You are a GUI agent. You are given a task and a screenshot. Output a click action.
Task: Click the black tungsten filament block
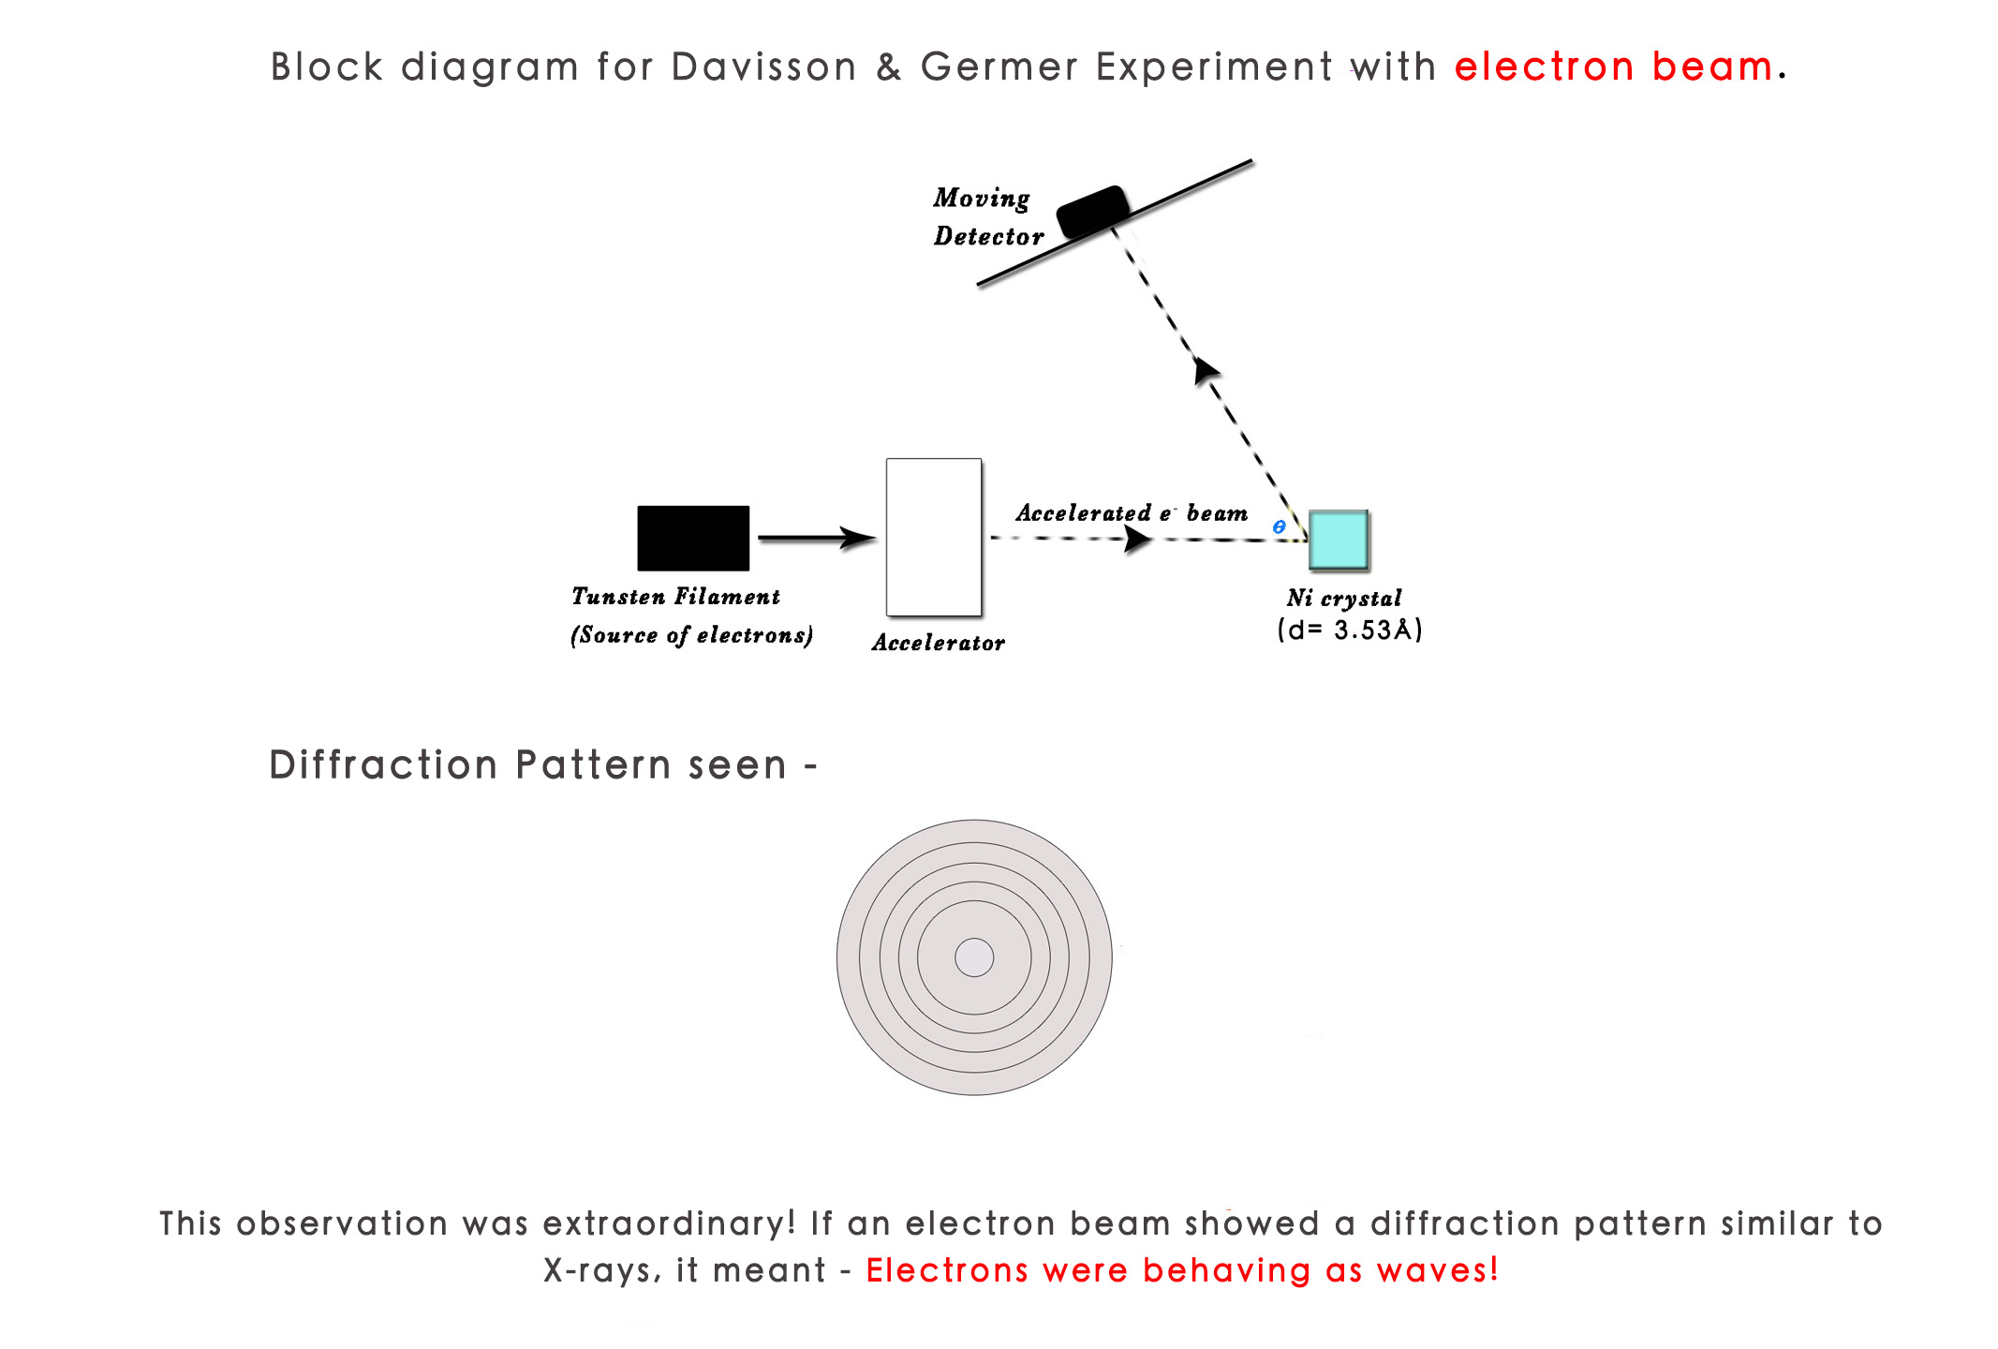tap(693, 538)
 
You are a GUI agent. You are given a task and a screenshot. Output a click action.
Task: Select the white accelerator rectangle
tap(933, 537)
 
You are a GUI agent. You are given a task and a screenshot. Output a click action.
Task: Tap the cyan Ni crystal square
tap(1338, 540)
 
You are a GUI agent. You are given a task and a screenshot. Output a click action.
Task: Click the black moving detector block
tap(1092, 211)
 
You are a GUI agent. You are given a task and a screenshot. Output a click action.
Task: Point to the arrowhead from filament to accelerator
tap(857, 538)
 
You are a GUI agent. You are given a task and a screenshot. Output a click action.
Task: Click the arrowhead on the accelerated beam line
tap(1136, 539)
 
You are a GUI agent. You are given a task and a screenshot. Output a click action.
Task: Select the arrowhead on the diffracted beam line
tap(1205, 370)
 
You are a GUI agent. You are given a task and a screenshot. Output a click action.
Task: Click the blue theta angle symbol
tap(1279, 527)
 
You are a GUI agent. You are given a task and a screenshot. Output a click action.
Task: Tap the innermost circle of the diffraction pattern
tap(974, 957)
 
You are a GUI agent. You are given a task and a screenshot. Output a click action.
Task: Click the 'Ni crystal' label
tap(1343, 598)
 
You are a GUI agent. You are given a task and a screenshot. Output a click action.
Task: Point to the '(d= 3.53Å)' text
tap(1350, 630)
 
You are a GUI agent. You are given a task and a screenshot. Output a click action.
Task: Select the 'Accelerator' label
tap(938, 643)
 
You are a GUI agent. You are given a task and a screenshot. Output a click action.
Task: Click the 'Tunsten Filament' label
tap(675, 597)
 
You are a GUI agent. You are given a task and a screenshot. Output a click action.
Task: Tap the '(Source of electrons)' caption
tap(691, 635)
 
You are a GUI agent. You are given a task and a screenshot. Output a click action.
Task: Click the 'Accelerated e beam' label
tap(1132, 513)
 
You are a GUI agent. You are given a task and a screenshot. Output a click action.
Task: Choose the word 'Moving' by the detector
tap(981, 199)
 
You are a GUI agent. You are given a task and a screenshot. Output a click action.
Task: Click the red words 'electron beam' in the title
tap(1613, 67)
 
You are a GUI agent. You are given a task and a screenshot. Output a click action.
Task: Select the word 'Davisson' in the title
tap(763, 67)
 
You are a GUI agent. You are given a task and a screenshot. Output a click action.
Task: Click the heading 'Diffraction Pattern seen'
tap(527, 765)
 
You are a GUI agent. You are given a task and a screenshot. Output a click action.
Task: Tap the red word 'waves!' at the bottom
tap(1438, 1270)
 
